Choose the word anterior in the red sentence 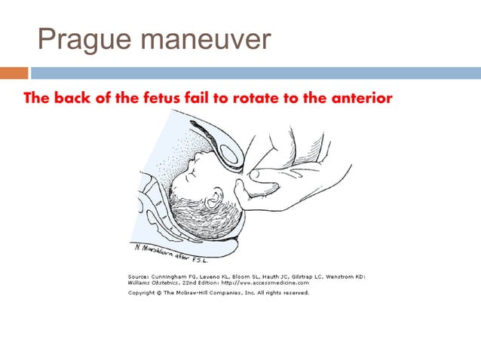360,99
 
